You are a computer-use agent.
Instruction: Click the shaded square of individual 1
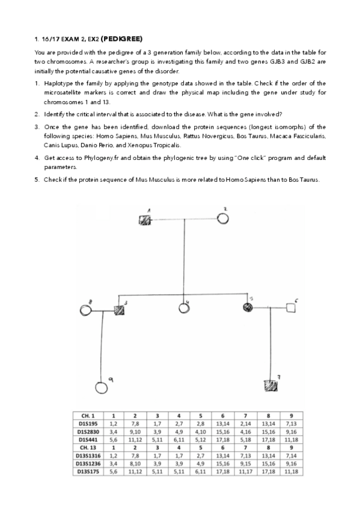[x=145, y=220]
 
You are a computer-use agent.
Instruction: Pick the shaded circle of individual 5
[x=247, y=308]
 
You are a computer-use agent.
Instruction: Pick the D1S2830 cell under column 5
[x=200, y=431]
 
